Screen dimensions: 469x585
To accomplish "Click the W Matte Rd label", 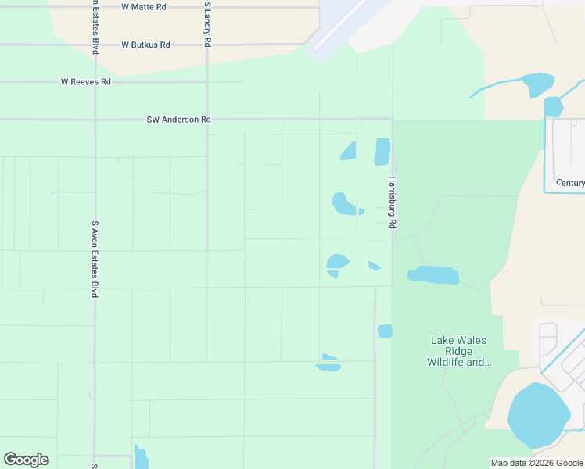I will (x=145, y=6).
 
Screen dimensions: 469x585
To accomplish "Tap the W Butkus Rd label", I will (x=145, y=45).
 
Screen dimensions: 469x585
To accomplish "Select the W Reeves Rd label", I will (x=86, y=82).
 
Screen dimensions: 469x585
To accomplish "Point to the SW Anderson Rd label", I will (x=179, y=120).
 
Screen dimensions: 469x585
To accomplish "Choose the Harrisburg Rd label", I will (x=393, y=202).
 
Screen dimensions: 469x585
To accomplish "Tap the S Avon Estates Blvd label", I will (x=95, y=258).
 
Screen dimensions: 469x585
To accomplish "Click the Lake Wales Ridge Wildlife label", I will (x=458, y=351).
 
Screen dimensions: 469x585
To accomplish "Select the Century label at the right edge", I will (x=569, y=183).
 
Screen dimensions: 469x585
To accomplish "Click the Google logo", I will (x=26, y=460).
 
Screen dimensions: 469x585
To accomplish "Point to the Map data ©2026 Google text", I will (x=537, y=463).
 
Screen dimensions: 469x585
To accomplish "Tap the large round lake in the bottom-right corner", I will (x=538, y=415).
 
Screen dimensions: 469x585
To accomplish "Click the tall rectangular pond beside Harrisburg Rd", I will (x=382, y=152).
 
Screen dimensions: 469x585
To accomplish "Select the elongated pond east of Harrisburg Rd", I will (x=432, y=275).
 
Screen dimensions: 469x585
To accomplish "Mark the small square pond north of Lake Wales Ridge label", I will (x=385, y=331).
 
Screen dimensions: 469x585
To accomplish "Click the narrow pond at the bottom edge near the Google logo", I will (x=141, y=458).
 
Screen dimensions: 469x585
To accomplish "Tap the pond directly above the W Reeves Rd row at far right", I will (x=537, y=83).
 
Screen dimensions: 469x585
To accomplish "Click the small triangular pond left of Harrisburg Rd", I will (x=375, y=267).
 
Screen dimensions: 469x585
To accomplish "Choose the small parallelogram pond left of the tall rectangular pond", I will (x=349, y=152).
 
